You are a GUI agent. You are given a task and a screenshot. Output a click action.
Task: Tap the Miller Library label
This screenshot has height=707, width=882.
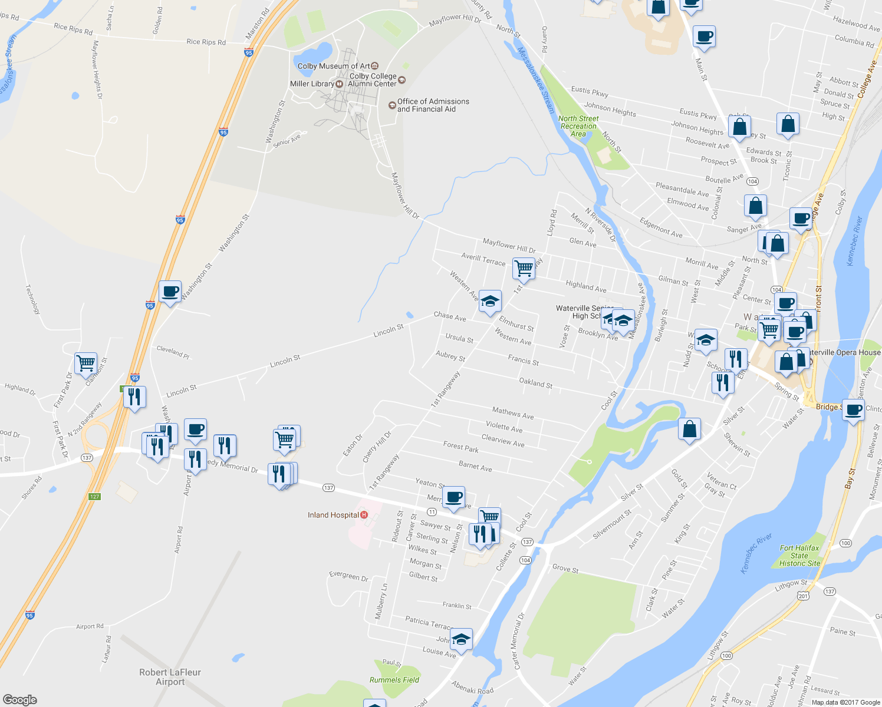coord(312,84)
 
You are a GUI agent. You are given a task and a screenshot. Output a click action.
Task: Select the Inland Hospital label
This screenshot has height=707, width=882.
coord(333,515)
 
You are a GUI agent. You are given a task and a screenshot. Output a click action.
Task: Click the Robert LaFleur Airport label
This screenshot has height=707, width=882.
coord(170,677)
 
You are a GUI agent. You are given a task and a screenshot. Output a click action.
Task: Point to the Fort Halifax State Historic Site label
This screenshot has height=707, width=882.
coord(799,556)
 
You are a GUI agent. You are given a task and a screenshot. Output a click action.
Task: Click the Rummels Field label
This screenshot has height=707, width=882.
coord(394,680)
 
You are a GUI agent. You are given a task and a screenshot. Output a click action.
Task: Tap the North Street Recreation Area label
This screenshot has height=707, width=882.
coord(578,126)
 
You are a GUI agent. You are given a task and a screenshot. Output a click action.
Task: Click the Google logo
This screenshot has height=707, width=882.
coord(19,699)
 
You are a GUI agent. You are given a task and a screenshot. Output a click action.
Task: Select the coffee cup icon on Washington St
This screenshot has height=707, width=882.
coord(170,291)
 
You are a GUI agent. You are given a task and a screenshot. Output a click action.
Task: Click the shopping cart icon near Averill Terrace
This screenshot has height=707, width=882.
coord(524,268)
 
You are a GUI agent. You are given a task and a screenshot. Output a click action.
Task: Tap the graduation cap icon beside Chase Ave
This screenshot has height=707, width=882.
coord(490,301)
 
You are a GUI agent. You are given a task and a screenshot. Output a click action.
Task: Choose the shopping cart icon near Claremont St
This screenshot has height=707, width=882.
coord(85,363)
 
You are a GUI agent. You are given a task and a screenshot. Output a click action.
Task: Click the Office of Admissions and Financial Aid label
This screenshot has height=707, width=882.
coord(433,105)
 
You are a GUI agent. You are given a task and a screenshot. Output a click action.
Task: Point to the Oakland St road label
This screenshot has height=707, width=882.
coord(535,383)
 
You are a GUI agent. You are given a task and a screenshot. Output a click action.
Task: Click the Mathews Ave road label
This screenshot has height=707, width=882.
coord(513,413)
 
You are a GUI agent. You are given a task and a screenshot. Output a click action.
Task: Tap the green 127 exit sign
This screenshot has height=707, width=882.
coord(94,497)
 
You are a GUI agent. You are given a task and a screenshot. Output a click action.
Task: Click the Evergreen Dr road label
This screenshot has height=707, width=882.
coord(348,575)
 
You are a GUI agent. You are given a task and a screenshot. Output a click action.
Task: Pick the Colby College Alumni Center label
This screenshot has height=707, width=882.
coord(373,80)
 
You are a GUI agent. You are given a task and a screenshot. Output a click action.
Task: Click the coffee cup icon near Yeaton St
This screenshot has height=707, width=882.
coord(453,497)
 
